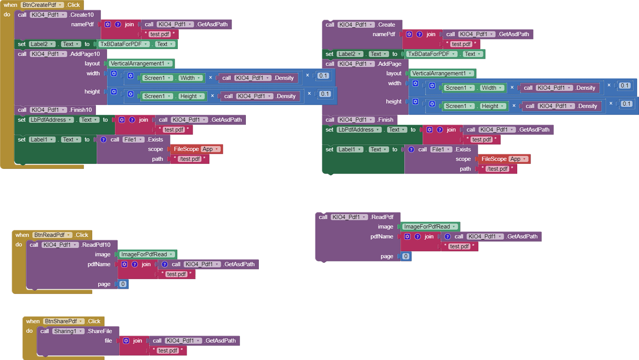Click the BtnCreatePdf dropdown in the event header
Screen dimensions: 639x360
point(42,5)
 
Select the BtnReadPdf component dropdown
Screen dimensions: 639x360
point(52,235)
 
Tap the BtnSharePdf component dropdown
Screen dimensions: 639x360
point(64,321)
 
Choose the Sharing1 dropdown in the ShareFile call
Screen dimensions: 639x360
point(68,331)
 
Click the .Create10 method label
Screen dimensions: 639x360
point(81,15)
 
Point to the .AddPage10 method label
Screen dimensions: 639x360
point(85,54)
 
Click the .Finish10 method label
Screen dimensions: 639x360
point(81,110)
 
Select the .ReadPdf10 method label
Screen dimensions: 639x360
point(96,245)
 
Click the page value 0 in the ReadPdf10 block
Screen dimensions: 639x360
point(123,284)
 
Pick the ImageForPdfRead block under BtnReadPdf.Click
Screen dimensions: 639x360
point(147,254)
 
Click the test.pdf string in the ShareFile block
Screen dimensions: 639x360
point(168,350)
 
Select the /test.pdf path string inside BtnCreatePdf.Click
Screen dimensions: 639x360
point(190,159)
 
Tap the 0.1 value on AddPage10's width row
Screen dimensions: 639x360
point(323,75)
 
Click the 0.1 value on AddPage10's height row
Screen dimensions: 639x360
point(325,94)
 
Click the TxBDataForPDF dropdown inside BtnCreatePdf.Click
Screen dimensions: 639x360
point(124,44)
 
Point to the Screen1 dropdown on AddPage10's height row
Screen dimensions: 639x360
point(157,96)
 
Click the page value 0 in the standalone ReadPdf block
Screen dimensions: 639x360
point(406,256)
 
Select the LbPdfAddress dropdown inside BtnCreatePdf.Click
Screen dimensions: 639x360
point(51,120)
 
